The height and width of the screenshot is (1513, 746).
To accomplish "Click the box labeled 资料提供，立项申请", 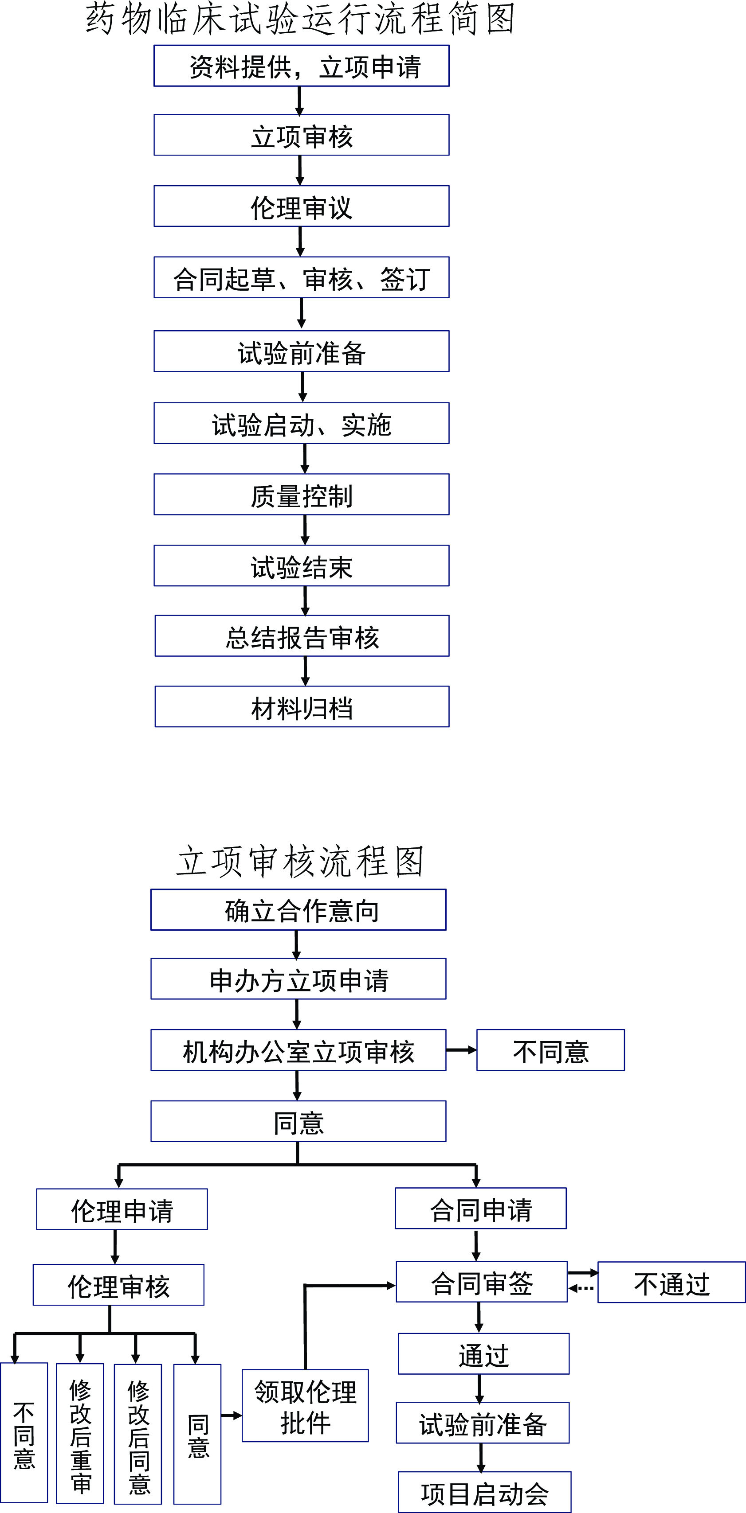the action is [302, 66].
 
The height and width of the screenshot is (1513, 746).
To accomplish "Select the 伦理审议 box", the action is [302, 206].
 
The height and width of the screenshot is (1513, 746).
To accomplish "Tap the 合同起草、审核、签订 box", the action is [302, 277].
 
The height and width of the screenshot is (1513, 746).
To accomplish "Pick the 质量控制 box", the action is [302, 495].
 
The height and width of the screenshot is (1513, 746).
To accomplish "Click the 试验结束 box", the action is [302, 565].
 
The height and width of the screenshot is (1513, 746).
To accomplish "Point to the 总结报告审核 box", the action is [302, 636].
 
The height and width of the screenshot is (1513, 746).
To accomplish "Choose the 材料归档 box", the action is [302, 706].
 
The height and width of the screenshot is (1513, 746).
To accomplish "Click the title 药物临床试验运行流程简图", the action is [300, 19].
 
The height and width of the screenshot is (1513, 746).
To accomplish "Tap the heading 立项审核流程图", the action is [300, 862].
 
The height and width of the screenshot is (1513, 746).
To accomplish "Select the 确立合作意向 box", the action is [298, 910].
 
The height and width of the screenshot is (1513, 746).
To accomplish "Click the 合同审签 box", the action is [482, 1282].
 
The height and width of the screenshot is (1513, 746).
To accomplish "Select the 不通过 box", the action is [672, 1282].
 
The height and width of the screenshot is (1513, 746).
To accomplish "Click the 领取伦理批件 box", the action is [306, 1405].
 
